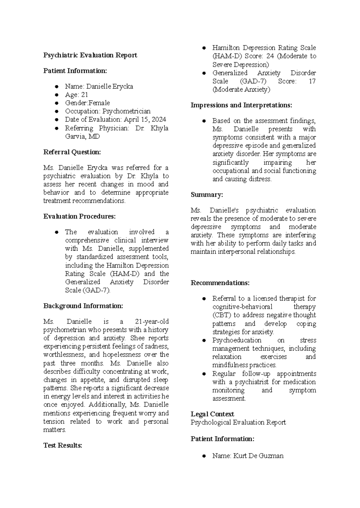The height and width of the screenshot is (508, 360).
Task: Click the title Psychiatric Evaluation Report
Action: tap(90, 55)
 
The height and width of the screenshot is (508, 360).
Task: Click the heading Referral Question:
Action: tap(72, 152)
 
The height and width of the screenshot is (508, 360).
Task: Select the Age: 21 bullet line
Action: tap(76, 95)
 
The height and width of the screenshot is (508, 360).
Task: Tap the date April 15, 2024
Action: tap(145, 119)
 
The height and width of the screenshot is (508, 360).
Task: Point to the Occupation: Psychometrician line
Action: tap(108, 111)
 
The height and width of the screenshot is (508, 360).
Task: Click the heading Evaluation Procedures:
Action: tap(79, 216)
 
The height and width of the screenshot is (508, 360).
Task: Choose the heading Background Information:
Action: tap(83, 306)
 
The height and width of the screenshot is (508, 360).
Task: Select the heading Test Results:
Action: tap(62, 445)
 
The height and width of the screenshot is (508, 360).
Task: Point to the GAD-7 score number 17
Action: tap(312, 81)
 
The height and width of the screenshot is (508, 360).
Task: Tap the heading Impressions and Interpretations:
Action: tap(241, 105)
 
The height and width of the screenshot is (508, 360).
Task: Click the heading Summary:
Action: tap(207, 195)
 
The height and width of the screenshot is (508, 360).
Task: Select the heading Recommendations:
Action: tap(220, 283)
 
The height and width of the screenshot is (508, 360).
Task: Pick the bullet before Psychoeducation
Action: tap(204, 341)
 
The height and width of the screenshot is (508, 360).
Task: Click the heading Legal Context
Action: tap(212, 414)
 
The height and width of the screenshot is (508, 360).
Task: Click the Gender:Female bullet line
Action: tap(87, 103)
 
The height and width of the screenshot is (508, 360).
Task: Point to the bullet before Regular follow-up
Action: tap(204, 374)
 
